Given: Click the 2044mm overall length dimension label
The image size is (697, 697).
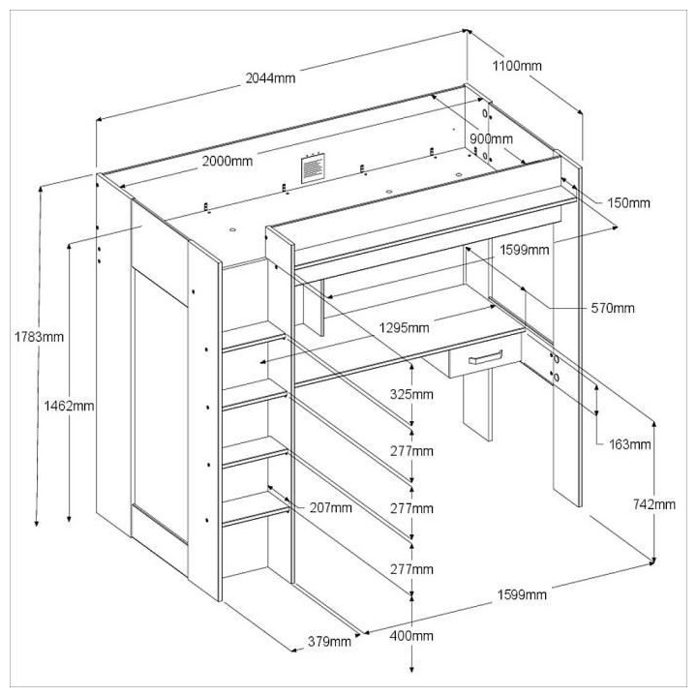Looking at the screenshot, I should coord(270,76).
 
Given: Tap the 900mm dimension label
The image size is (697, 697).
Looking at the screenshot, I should coord(491,138).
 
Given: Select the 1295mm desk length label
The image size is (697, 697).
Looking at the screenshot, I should coord(404,328).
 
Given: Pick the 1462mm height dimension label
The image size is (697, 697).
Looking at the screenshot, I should coord(70,406).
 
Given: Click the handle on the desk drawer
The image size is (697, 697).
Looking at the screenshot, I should coord(485,357).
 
